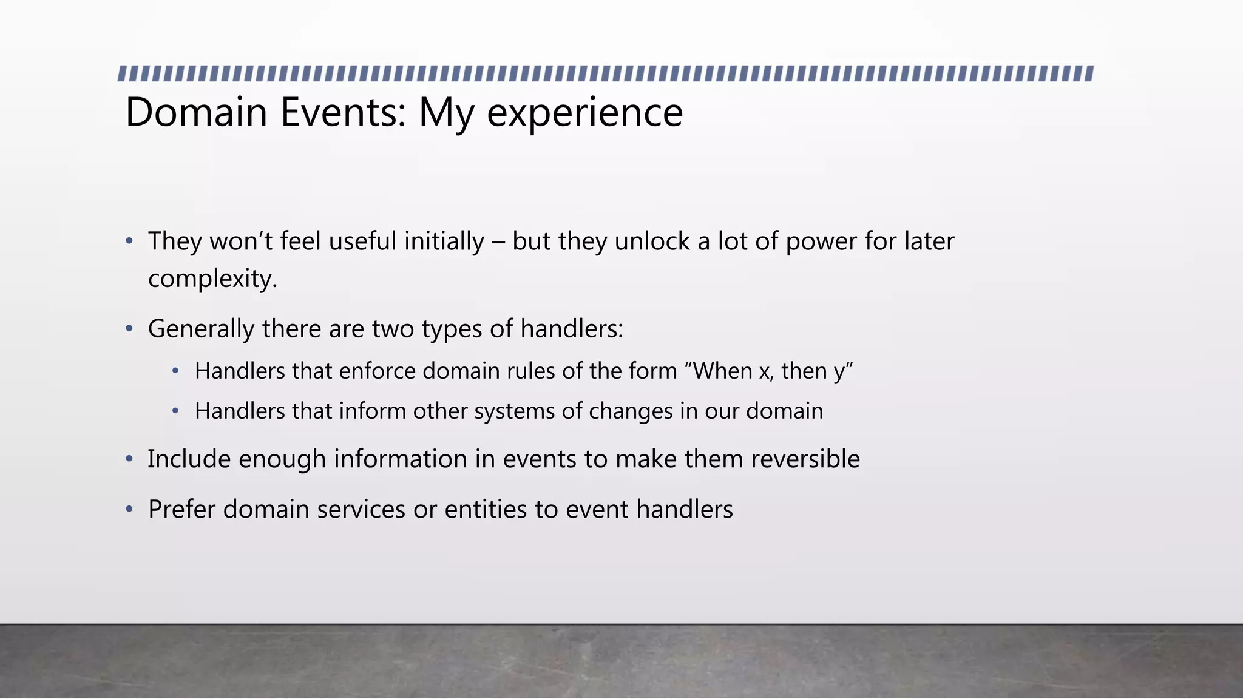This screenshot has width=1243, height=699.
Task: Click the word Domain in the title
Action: pyautogui.click(x=196, y=113)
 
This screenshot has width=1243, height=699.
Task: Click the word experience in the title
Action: pyautogui.click(x=584, y=113)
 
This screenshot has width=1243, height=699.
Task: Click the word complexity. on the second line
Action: pyautogui.click(x=212, y=279)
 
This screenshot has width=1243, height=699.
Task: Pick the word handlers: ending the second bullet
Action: pyautogui.click(x=572, y=329)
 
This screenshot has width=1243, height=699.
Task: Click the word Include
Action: pyautogui.click(x=189, y=459)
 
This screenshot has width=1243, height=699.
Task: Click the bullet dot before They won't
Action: pyautogui.click(x=129, y=241)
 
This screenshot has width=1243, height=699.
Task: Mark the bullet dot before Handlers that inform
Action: pyautogui.click(x=175, y=411)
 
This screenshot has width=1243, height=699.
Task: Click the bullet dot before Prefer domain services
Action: pyautogui.click(x=129, y=510)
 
